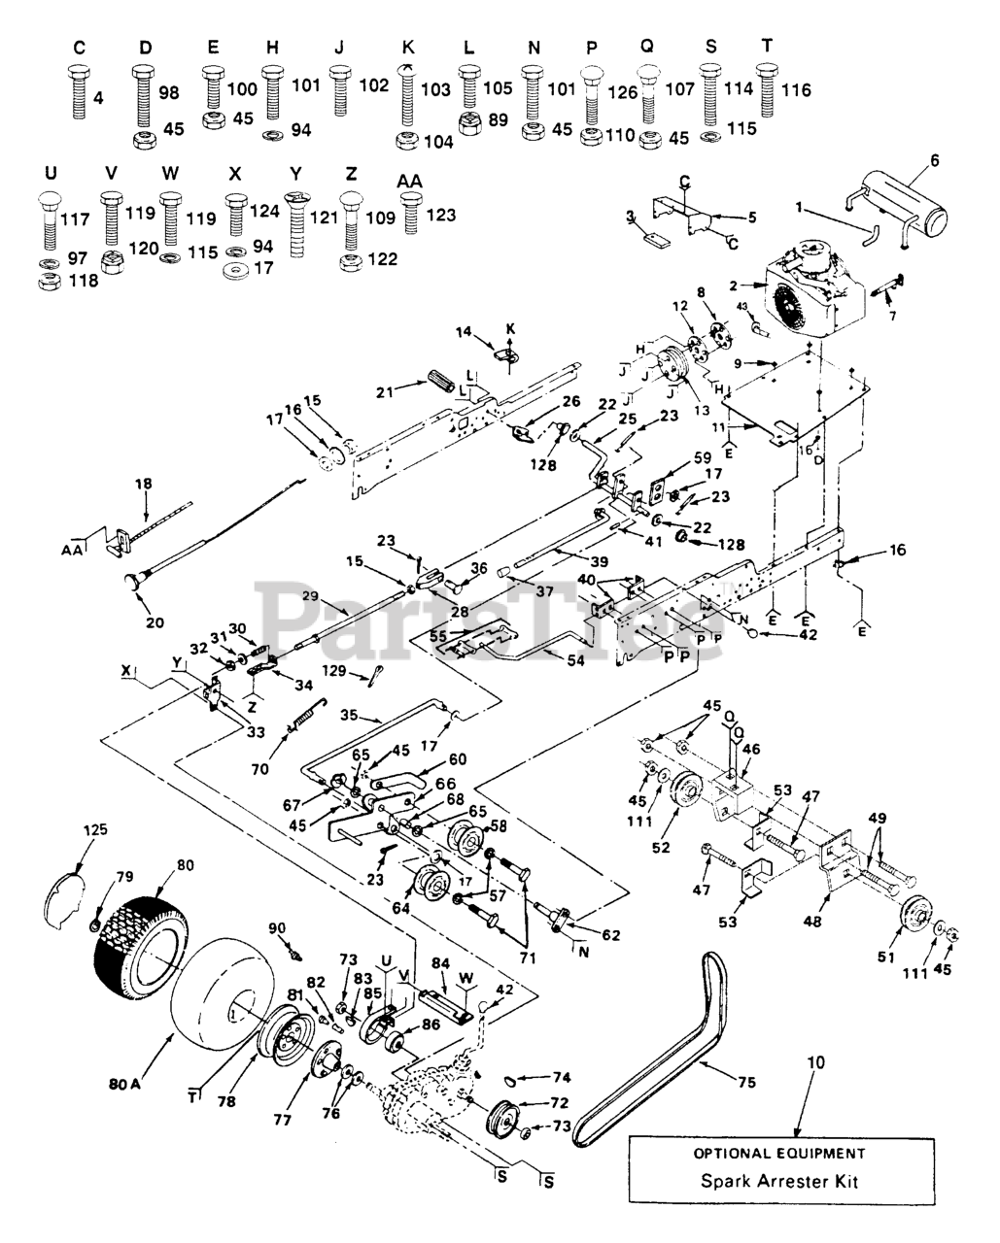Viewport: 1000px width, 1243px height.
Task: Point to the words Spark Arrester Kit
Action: pyautogui.click(x=780, y=1182)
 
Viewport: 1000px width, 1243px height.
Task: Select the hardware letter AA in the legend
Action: pyautogui.click(x=411, y=182)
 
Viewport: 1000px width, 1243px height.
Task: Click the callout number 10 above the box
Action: pyautogui.click(x=815, y=1062)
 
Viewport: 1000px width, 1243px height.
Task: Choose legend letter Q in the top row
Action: pyautogui.click(x=648, y=46)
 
